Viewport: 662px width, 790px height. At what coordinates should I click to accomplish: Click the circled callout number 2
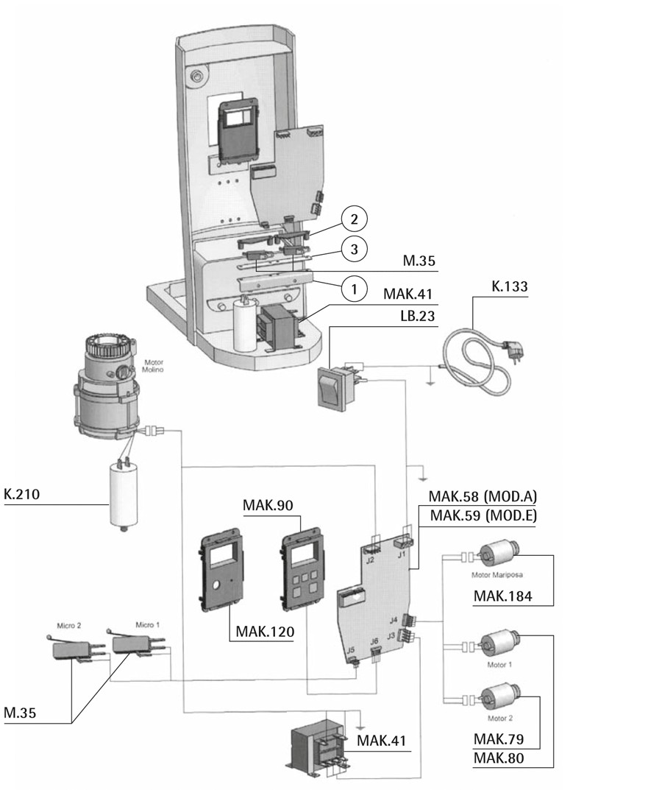coord(355,219)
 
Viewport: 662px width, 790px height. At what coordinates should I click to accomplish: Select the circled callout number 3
coord(355,250)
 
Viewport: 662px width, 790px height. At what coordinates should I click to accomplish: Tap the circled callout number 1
coord(355,289)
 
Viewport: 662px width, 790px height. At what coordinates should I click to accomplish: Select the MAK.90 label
coord(268,507)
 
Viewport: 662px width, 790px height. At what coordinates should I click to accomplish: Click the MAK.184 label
coord(504,595)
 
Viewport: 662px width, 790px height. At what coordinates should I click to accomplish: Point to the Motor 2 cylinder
coord(499,696)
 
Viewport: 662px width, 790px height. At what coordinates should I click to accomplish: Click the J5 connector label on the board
coord(350,650)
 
